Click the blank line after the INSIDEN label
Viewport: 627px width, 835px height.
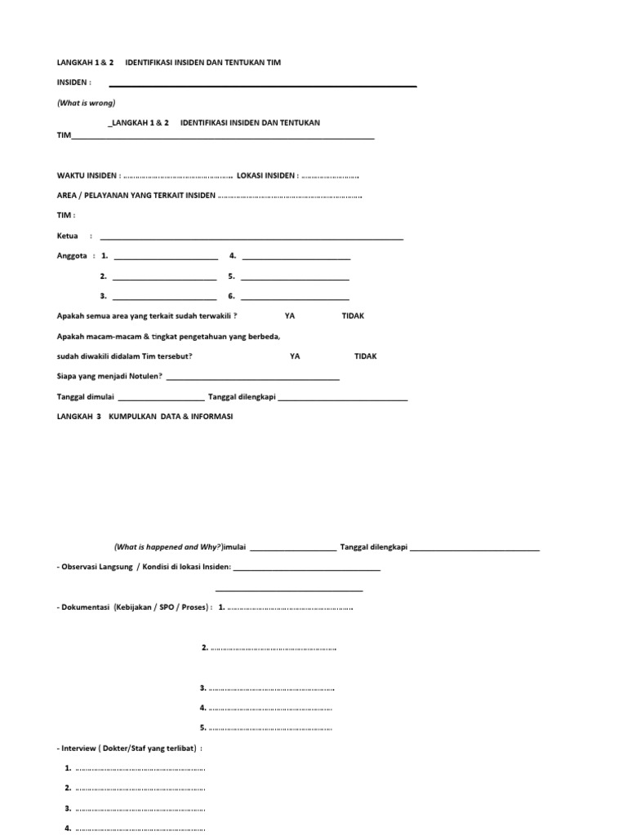[263, 86]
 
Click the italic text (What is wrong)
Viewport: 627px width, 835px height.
[86, 103]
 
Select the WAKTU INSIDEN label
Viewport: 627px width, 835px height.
[88, 175]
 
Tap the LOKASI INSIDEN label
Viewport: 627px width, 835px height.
[266, 175]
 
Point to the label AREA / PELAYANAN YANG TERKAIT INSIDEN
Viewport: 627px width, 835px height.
[136, 196]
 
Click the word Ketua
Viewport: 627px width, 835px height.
[67, 236]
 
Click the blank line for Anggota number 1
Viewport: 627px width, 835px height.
[165, 258]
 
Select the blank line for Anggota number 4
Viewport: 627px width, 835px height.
[296, 258]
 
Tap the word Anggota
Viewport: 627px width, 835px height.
[72, 256]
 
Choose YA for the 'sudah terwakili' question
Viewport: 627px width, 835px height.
[290, 316]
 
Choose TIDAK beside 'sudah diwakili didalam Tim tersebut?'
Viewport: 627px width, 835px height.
[366, 356]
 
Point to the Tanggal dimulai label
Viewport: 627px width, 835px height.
[87, 397]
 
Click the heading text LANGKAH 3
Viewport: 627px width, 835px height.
[79, 416]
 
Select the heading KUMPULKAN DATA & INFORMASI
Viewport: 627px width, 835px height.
[171, 416]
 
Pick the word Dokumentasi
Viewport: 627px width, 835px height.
[86, 607]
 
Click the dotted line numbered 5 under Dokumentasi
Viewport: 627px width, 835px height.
[271, 728]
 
